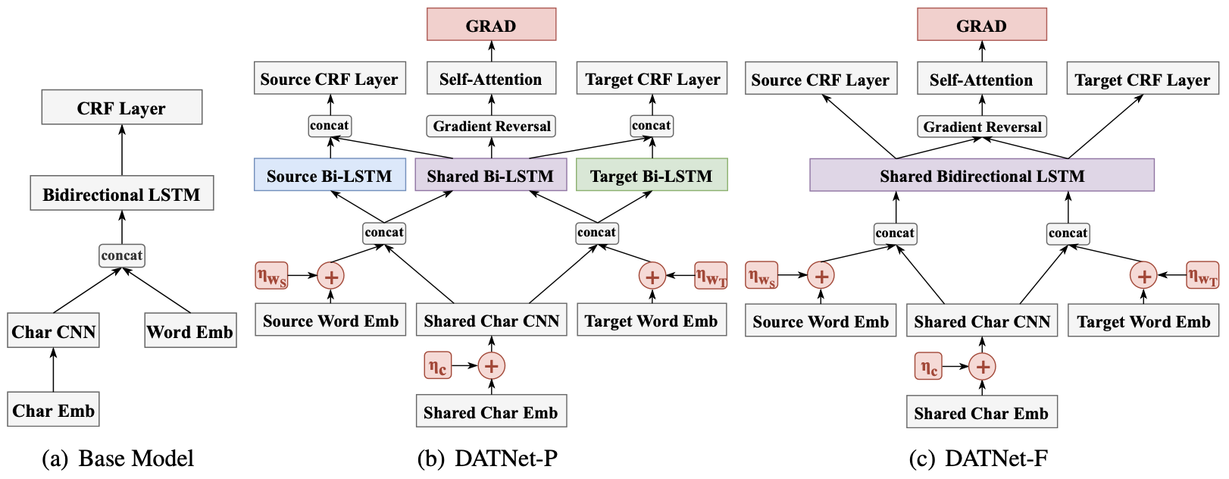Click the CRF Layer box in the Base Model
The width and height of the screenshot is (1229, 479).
pos(122,107)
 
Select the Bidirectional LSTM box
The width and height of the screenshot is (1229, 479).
pos(122,193)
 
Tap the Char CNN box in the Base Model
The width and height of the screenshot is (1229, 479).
pos(53,330)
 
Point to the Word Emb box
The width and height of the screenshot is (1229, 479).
pos(190,330)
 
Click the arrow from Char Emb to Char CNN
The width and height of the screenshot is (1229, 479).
pos(53,370)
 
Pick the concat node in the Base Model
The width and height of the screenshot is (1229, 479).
pos(122,255)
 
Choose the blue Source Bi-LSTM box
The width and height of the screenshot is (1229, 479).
pos(330,174)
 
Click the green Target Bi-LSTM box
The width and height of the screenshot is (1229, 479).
pos(652,174)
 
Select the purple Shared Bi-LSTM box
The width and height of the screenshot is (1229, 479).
pos(490,174)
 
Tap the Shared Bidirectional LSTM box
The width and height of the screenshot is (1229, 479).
pos(982,175)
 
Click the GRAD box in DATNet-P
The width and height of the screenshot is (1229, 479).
pos(492,24)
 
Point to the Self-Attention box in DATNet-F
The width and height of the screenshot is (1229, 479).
pos(982,79)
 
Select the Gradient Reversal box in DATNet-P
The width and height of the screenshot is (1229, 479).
pos(492,127)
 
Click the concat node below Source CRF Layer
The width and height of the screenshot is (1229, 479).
pos(329,126)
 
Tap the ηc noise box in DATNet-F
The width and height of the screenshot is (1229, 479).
pos(928,367)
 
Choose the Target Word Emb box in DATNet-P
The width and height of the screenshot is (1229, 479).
pos(652,320)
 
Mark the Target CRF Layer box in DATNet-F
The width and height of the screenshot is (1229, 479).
pos(1143,79)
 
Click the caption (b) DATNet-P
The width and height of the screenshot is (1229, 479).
pos(488,458)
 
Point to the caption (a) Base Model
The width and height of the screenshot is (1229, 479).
pos(118,458)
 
